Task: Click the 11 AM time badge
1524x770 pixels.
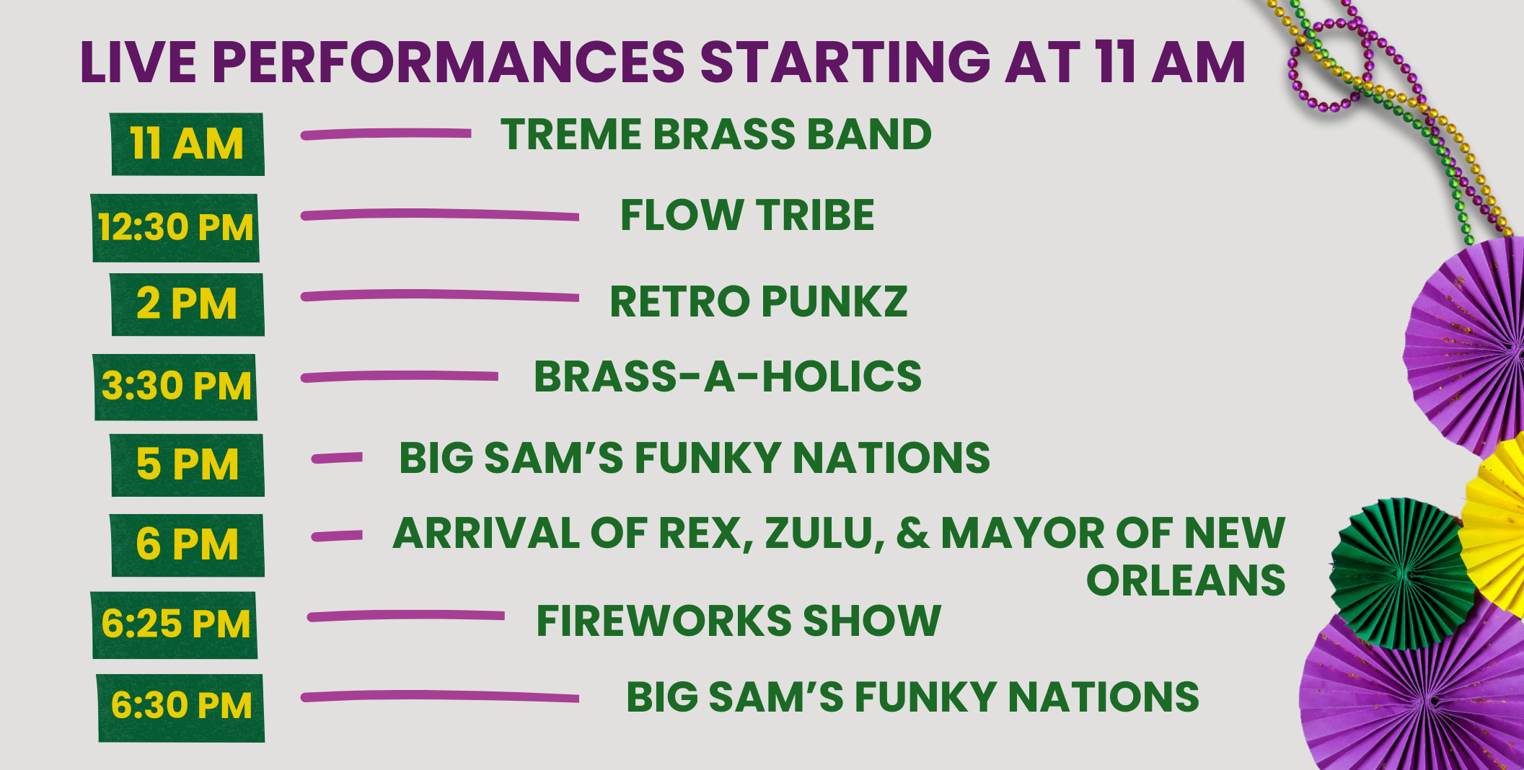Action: coord(188,144)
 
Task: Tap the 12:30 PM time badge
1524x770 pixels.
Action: coord(176,227)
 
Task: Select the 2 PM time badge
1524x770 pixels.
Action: coord(188,304)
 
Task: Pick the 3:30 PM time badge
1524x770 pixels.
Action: coord(176,386)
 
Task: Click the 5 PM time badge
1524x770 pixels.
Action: coord(188,465)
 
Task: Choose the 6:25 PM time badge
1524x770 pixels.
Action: coord(175,624)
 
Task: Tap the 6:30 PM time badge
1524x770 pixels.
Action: coord(181,707)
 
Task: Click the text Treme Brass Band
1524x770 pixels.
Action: coord(715,135)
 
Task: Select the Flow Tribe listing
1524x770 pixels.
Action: coord(747,216)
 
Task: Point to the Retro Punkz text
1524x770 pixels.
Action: coord(758,301)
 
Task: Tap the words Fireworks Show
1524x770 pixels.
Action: coord(738,621)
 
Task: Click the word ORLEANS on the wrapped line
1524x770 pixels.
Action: coord(1185,580)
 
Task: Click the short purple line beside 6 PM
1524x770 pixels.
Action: coord(337,536)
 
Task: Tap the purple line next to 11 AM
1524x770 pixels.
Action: coord(386,134)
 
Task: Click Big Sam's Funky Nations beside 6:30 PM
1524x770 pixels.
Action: coord(912,697)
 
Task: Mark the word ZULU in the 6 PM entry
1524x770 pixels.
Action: coord(824,534)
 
